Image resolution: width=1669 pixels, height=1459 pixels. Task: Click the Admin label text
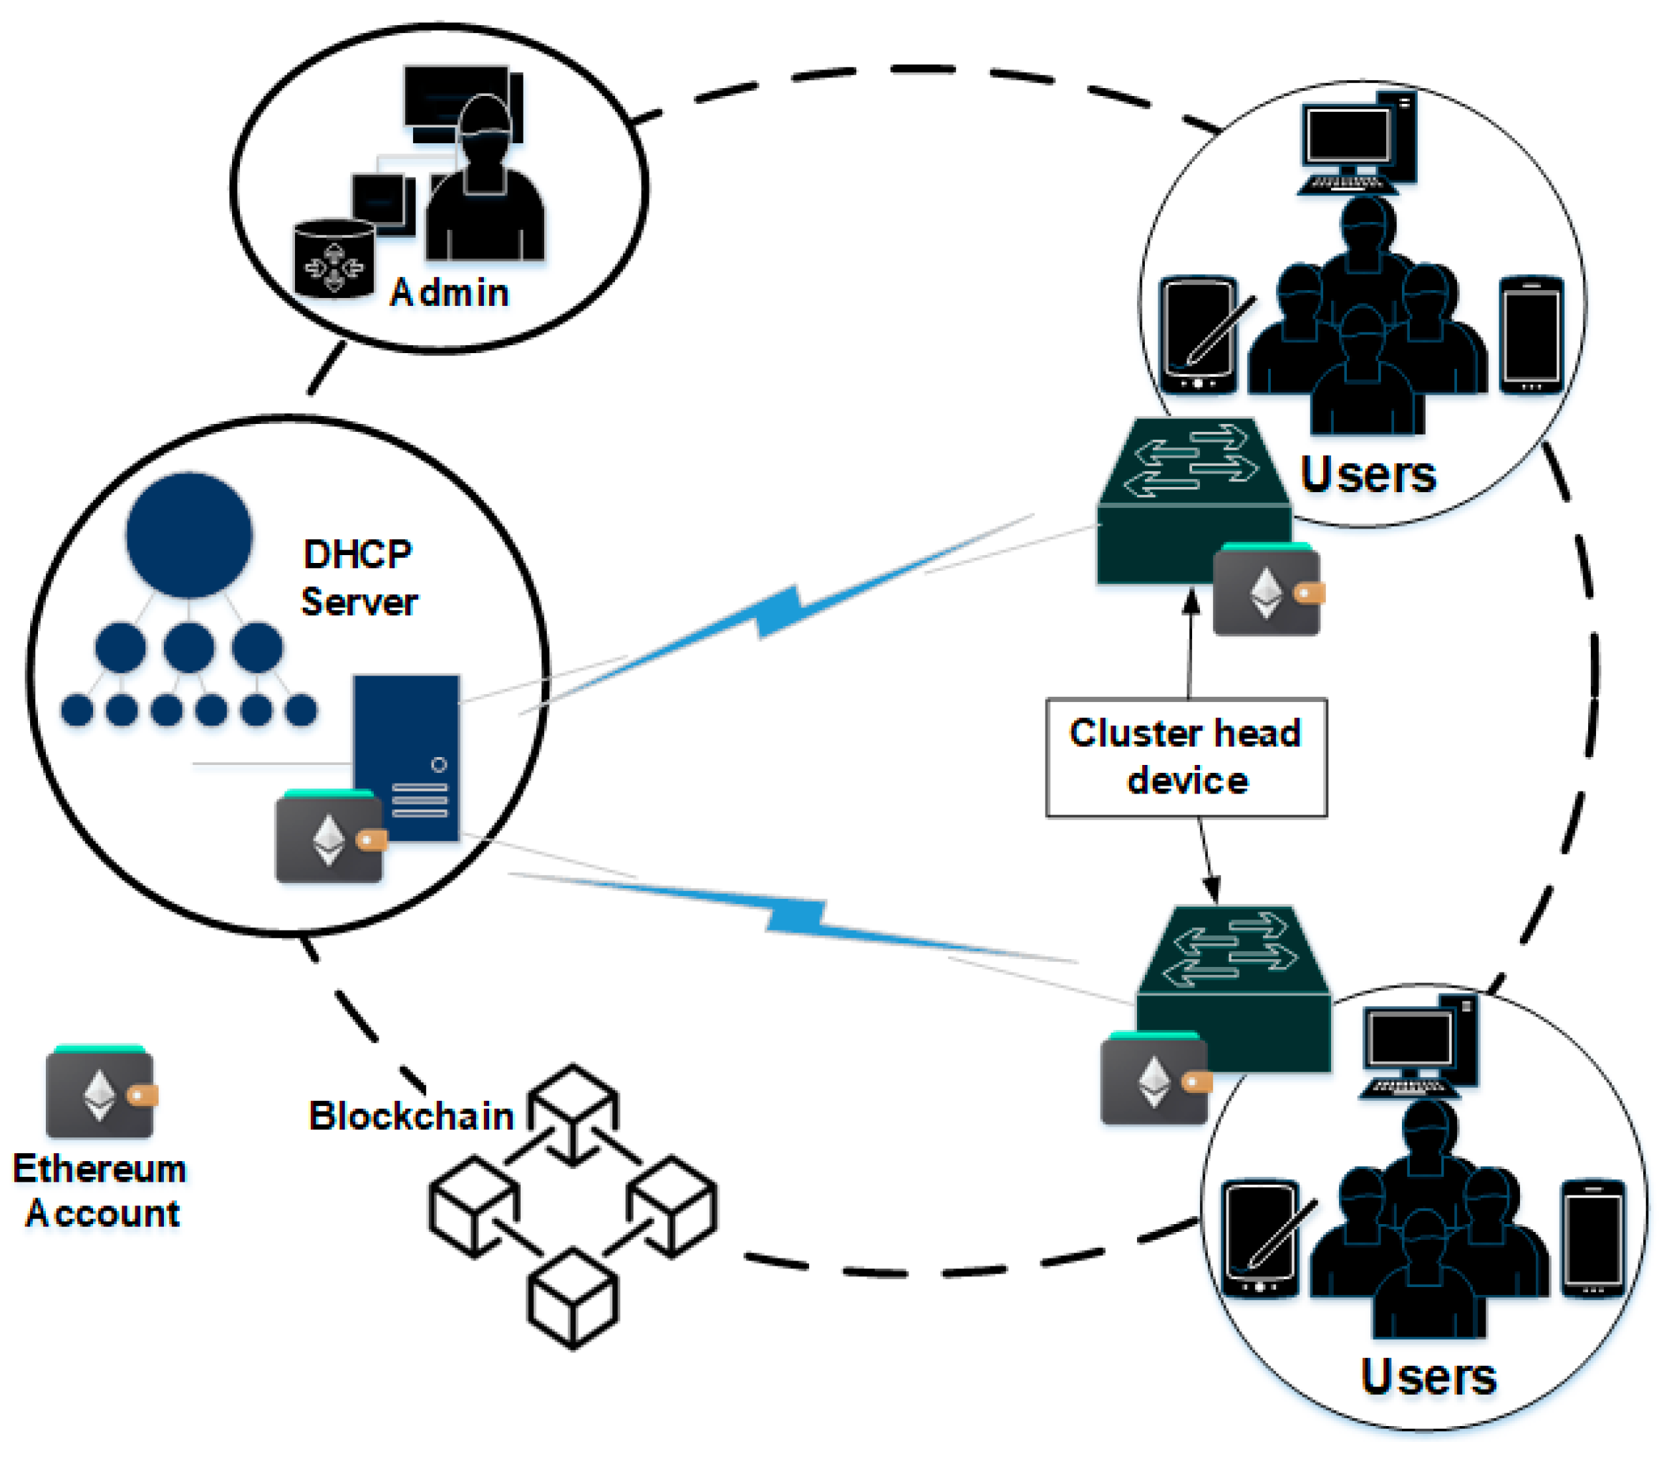(449, 293)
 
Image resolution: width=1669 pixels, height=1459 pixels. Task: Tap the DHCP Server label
(359, 578)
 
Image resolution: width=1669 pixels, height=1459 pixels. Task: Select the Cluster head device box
(1186, 757)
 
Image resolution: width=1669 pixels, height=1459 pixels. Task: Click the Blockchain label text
(411, 1115)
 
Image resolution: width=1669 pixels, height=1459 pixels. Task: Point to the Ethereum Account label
(100, 1190)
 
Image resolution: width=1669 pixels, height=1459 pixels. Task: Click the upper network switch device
(1194, 501)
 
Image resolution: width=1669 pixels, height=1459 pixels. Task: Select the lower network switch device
(1234, 988)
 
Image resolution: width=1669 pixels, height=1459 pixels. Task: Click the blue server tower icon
(407, 757)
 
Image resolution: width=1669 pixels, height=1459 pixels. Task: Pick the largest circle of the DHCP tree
(189, 535)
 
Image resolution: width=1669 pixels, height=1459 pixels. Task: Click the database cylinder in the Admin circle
(334, 258)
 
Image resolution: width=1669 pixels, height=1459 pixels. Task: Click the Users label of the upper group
(1368, 474)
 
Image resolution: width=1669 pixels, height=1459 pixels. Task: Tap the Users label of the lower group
(1428, 1377)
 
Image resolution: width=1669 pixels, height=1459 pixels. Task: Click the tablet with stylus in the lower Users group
(1262, 1238)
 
